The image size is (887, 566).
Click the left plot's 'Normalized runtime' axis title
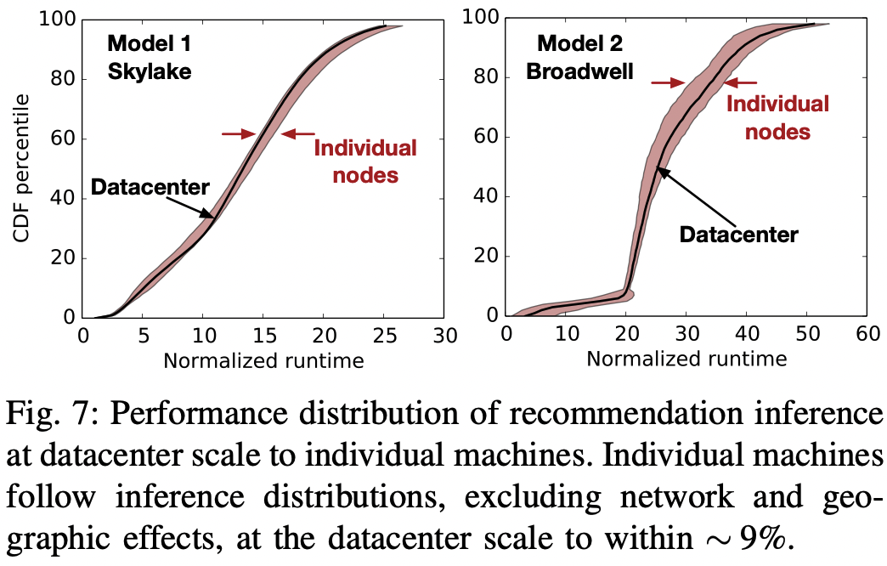tap(263, 360)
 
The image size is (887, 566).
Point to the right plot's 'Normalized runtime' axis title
tap(686, 359)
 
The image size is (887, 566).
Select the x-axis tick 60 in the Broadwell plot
tap(867, 332)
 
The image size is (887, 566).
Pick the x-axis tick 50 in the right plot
tap(806, 332)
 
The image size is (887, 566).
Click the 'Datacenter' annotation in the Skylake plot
tap(150, 187)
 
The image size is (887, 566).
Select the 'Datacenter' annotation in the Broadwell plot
tap(739, 234)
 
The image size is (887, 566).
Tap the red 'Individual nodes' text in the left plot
tap(365, 161)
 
